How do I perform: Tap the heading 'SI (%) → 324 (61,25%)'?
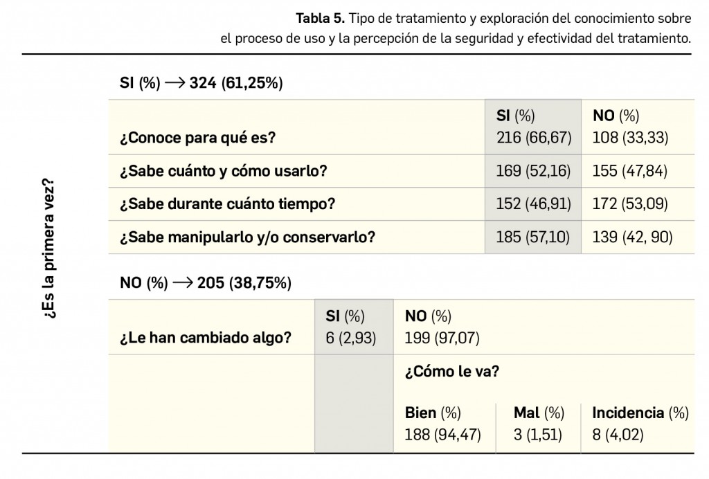201,83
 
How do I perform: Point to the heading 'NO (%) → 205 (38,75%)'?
205,282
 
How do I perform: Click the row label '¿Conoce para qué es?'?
197,137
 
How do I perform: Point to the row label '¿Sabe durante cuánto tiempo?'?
228,204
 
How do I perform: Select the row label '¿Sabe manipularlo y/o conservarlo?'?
247,237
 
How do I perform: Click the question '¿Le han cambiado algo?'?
205,338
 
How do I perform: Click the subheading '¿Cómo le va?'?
451,372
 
